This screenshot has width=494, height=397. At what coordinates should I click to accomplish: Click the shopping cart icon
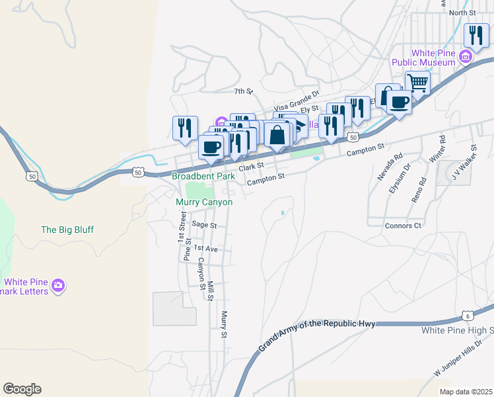click(x=417, y=83)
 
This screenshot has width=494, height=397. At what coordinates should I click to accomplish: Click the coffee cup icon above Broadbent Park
click(x=211, y=147)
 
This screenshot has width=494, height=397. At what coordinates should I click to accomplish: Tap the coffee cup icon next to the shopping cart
click(x=399, y=103)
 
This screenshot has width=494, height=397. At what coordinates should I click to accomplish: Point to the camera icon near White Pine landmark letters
click(x=59, y=286)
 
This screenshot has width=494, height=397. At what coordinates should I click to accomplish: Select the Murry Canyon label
click(x=204, y=202)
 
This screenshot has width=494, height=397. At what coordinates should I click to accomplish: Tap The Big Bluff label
click(x=67, y=230)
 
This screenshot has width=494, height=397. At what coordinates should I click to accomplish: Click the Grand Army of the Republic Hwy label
click(x=317, y=334)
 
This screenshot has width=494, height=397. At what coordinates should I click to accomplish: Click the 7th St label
click(x=244, y=91)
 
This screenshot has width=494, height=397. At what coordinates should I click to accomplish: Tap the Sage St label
click(x=204, y=225)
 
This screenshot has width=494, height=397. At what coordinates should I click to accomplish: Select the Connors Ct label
click(x=403, y=226)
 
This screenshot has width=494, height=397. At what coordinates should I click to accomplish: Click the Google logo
click(x=22, y=389)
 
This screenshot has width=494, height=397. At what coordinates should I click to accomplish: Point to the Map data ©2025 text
click(x=472, y=392)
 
